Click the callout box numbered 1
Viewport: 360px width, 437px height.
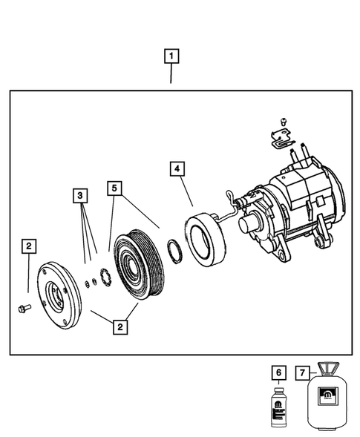click(172, 56)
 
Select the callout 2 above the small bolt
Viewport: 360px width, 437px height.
click(27, 246)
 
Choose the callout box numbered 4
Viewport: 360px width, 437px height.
click(176, 168)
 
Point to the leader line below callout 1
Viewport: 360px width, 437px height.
click(172, 74)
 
